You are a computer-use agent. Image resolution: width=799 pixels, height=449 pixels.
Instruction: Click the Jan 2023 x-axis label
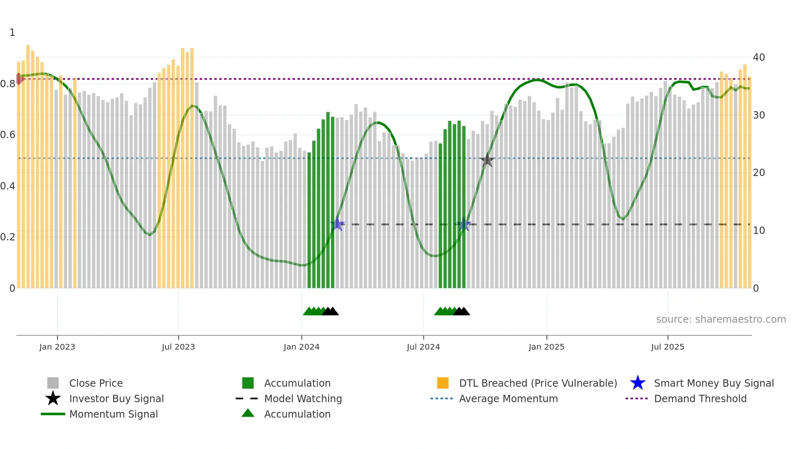(x=57, y=347)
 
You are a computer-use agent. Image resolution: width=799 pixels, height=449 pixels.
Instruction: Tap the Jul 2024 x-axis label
(x=423, y=347)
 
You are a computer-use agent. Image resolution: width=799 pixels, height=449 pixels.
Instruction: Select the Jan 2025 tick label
(x=546, y=347)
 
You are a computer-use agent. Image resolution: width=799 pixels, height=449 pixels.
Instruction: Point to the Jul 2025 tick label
(x=667, y=347)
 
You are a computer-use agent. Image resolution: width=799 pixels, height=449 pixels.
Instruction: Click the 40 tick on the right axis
(x=759, y=57)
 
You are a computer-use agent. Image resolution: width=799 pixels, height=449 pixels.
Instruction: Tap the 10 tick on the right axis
(x=759, y=231)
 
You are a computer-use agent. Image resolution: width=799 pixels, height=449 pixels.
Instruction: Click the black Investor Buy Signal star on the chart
(x=487, y=160)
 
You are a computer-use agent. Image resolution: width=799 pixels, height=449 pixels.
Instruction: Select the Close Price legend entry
(x=96, y=383)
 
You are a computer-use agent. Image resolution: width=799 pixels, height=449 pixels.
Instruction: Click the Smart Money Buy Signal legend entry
(x=713, y=383)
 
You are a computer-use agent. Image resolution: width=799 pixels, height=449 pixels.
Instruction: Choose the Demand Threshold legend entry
(x=700, y=398)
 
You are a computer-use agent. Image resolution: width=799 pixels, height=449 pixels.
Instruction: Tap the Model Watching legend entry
(x=303, y=398)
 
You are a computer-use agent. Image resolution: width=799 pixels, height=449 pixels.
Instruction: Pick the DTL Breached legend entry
(x=538, y=383)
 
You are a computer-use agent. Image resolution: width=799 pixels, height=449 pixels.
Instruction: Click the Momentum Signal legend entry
(x=113, y=414)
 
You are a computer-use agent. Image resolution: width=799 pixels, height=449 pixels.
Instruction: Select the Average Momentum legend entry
(x=508, y=398)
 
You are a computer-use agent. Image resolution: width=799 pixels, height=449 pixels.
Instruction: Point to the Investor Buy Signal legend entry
(x=116, y=398)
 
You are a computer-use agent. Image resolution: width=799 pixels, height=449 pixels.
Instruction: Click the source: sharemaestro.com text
(x=721, y=319)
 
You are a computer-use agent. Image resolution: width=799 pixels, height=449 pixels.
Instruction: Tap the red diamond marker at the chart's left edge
(x=19, y=79)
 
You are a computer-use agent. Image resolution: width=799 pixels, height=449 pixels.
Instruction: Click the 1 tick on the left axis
(x=12, y=33)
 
